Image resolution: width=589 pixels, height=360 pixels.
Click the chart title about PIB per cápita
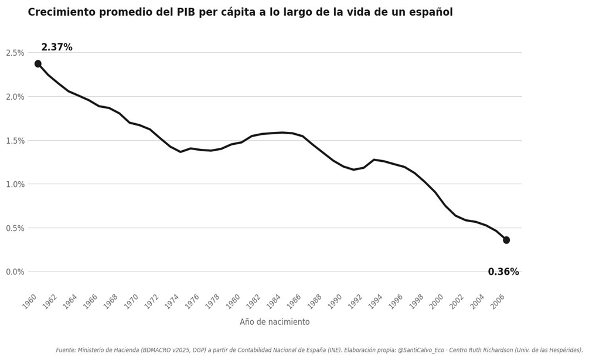pyautogui.click(x=240, y=12)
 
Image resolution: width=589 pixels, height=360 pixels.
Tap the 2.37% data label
pyautogui.click(x=57, y=47)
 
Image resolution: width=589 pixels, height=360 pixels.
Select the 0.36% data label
pyautogui.click(x=503, y=272)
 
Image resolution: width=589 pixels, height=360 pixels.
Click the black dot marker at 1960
pyautogui.click(x=38, y=64)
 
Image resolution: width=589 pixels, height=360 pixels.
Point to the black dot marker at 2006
pyautogui.click(x=506, y=240)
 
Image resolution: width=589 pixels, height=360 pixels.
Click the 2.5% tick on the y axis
pyautogui.click(x=15, y=53)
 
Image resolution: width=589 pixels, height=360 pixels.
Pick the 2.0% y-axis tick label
pyautogui.click(x=15, y=97)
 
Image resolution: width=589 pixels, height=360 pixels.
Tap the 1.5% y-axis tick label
pyautogui.click(x=15, y=141)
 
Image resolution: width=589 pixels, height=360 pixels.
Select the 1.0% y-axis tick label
pyautogui.click(x=15, y=184)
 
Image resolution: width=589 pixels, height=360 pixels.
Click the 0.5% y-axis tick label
pyautogui.click(x=15, y=228)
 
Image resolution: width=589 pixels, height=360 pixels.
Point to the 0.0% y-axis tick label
pyautogui.click(x=15, y=272)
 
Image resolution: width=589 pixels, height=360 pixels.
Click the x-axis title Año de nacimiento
pyautogui.click(x=274, y=322)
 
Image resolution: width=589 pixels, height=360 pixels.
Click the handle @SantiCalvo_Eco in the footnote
pyautogui.click(x=424, y=351)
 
